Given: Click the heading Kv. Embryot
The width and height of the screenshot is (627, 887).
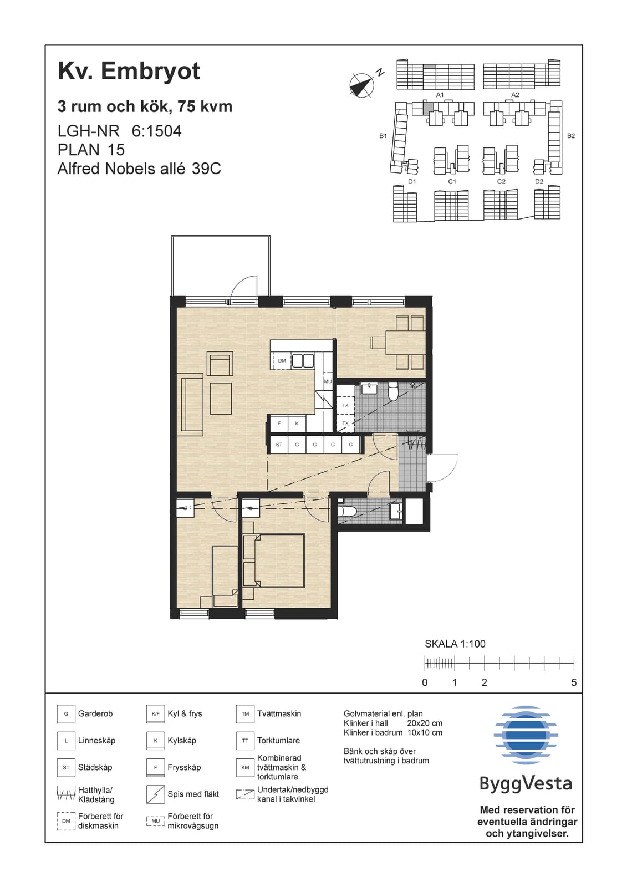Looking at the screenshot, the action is pyautogui.click(x=129, y=72).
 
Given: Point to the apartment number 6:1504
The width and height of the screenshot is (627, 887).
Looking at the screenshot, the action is pyautogui.click(x=156, y=131).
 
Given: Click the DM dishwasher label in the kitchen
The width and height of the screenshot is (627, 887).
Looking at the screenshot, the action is pyautogui.click(x=282, y=361).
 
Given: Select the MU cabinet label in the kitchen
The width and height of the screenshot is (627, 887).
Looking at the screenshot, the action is pyautogui.click(x=328, y=381).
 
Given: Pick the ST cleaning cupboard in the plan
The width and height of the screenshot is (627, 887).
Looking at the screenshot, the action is pyautogui.click(x=279, y=445).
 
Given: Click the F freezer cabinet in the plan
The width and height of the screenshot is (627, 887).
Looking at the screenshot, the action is pyautogui.click(x=279, y=424).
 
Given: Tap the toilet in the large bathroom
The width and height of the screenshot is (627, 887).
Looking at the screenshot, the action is pyautogui.click(x=393, y=391).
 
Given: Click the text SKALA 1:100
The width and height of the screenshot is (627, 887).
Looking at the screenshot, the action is pyautogui.click(x=455, y=644).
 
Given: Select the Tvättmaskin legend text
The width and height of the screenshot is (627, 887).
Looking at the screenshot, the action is pyautogui.click(x=279, y=713).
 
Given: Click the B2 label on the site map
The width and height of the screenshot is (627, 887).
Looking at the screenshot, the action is pyautogui.click(x=571, y=136).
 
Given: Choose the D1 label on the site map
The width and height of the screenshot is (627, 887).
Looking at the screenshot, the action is pyautogui.click(x=412, y=181).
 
